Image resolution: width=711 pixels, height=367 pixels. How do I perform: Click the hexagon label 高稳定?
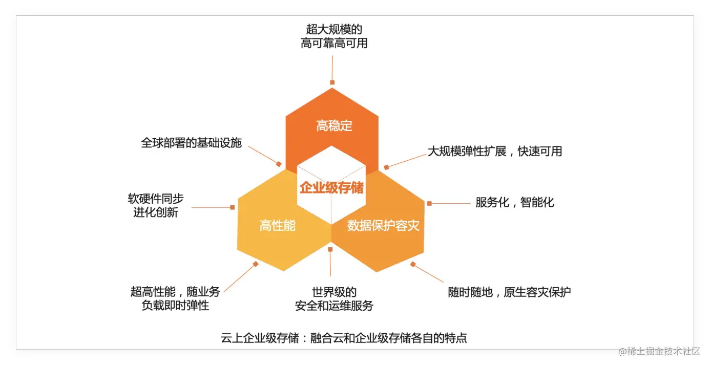pos(334,126)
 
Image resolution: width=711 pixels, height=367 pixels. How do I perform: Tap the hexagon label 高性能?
pos(277,225)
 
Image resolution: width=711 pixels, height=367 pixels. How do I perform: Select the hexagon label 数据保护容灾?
pos(383,225)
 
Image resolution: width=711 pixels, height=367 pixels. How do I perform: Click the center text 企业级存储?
pos(331,188)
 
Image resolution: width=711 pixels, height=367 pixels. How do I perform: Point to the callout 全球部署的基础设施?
pos(191,143)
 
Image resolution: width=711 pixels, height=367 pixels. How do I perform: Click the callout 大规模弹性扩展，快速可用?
pos(495,151)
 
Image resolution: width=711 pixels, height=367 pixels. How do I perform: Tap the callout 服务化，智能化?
pos(515,202)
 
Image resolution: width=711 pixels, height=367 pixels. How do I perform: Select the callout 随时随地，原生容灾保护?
pos(509,292)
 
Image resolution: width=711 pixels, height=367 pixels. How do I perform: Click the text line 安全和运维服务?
pos(334,306)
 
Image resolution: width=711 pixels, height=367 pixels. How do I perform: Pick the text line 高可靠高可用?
pos(334,43)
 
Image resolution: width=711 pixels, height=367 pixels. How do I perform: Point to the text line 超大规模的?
pos(334,29)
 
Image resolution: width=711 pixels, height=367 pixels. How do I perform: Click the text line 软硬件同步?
pos(156,199)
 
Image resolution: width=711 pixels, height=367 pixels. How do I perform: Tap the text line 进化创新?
pos(156,212)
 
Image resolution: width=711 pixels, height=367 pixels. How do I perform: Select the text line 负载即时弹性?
pos(175,306)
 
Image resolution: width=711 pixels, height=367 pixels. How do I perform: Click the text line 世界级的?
pos(334,292)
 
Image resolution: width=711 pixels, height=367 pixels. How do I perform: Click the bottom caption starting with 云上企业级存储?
pos(344,338)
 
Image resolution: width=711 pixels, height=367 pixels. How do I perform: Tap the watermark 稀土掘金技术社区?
pos(659,351)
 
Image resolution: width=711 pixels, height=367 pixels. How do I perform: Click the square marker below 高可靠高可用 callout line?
pos(332,82)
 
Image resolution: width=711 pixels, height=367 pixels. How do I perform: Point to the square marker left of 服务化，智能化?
pos(429,203)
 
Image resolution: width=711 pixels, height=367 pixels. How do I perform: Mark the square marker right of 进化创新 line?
pos(232,207)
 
